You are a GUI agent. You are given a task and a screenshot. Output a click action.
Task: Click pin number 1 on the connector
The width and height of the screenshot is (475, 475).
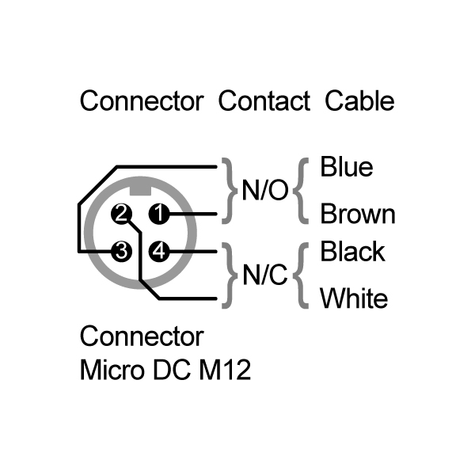(x=159, y=214)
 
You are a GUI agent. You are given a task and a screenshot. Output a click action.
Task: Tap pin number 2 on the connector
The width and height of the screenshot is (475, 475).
(x=121, y=214)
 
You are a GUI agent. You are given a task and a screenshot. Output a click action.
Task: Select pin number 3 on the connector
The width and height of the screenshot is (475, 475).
(x=121, y=251)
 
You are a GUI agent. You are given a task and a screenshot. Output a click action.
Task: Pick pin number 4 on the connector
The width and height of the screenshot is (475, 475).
(x=159, y=251)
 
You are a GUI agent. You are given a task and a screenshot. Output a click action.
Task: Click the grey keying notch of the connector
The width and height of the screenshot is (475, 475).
(x=140, y=191)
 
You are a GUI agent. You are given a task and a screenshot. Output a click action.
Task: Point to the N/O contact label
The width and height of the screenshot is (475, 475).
(x=264, y=191)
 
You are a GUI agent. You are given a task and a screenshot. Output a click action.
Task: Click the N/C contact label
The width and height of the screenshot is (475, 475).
(x=264, y=275)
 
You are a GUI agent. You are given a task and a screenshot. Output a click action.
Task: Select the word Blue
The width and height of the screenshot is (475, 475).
(x=347, y=166)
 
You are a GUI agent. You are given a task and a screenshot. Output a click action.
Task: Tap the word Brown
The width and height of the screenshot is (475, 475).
(x=358, y=214)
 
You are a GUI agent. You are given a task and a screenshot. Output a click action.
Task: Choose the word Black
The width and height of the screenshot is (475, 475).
(x=352, y=251)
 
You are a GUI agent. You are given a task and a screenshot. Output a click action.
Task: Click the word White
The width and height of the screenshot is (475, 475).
(x=354, y=298)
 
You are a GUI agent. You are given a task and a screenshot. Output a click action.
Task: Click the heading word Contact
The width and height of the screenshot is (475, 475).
(x=264, y=101)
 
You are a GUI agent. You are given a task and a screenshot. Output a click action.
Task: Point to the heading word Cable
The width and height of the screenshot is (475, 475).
(x=359, y=101)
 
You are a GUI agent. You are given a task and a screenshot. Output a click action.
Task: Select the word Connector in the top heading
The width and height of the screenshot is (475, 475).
(x=142, y=101)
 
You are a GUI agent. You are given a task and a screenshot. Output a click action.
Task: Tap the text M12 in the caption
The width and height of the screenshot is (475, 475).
(x=225, y=370)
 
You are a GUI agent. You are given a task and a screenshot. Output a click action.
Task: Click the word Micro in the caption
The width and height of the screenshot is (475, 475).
(x=112, y=370)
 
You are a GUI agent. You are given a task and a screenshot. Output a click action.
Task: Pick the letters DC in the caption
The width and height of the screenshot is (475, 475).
(x=172, y=370)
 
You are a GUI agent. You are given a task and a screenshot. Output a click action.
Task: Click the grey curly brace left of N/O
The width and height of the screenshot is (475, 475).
(x=230, y=191)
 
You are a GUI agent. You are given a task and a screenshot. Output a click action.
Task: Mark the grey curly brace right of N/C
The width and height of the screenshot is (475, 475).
(x=300, y=275)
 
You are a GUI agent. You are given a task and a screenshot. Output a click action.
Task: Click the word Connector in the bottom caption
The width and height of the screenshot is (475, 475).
(x=142, y=336)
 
